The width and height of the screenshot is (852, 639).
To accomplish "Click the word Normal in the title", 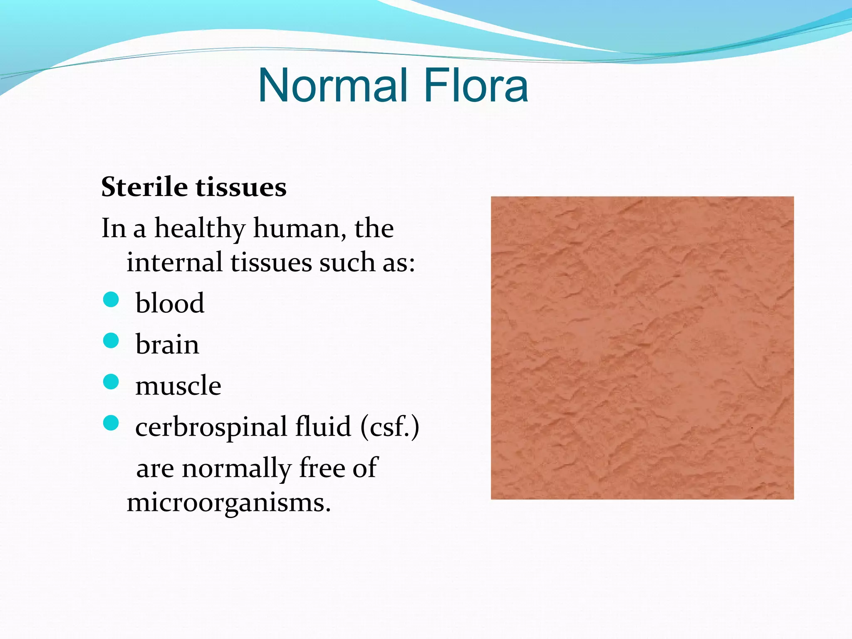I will [x=333, y=85].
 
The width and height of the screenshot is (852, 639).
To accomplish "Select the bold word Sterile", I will [x=144, y=187].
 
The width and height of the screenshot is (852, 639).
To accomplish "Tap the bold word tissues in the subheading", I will [x=241, y=187].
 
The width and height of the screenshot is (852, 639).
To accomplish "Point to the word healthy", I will [x=200, y=229].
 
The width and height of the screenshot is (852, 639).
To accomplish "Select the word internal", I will [x=174, y=263].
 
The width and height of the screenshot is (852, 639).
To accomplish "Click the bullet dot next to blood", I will [x=111, y=299].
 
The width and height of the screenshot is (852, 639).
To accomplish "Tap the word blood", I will [x=170, y=303].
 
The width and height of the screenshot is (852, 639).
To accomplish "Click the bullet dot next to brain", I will [x=111, y=340].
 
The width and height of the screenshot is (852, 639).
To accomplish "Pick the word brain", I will [x=167, y=344].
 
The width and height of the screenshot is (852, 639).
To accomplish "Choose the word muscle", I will [x=178, y=386].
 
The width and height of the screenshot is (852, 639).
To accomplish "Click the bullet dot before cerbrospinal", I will [x=111, y=423].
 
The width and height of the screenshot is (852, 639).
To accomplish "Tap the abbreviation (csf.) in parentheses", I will [x=390, y=427].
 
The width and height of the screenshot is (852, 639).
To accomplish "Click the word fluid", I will [x=323, y=427].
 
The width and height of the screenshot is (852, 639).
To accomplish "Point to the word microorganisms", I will [x=229, y=503].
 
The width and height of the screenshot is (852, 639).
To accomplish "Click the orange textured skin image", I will [x=642, y=348].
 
